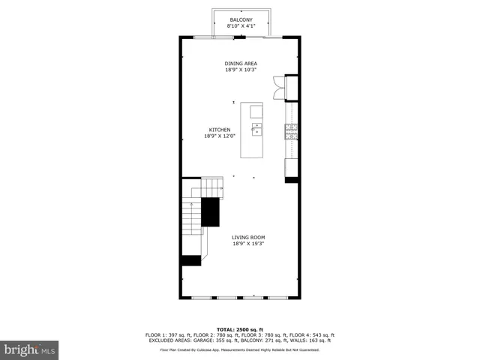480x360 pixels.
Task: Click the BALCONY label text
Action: point(241,19)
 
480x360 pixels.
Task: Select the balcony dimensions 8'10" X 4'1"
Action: point(241,25)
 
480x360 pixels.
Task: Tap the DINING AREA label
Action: point(240,64)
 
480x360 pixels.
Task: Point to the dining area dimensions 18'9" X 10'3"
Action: point(240,70)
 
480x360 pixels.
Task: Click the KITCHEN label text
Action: point(219,130)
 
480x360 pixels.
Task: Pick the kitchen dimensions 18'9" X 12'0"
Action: point(219,136)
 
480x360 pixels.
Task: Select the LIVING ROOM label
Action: point(247,238)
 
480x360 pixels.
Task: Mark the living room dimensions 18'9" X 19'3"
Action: point(247,244)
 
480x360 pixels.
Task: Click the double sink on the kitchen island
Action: point(256,132)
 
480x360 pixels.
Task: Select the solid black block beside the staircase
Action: point(210,212)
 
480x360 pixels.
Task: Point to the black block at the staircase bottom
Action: point(191,260)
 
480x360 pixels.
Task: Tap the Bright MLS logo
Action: point(30,349)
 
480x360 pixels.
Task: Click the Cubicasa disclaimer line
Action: point(240,349)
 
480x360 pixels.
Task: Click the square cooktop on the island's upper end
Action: point(256,112)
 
